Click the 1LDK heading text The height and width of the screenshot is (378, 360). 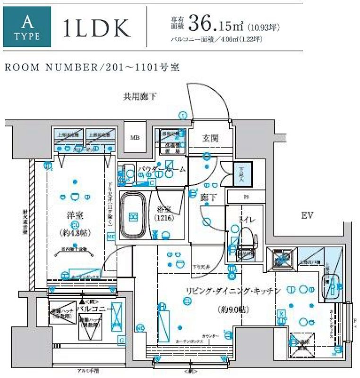pyautogui.click(x=96, y=29)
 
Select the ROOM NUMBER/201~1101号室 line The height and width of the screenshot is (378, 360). pyautogui.click(x=92, y=67)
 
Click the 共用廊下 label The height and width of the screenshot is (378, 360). pyautogui.click(x=140, y=97)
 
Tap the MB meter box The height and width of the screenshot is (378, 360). pyautogui.click(x=135, y=138)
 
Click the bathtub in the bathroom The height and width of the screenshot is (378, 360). pyautogui.click(x=134, y=216)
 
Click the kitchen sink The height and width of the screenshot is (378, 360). pyautogui.click(x=330, y=286)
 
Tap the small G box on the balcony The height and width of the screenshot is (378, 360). pyautogui.click(x=121, y=340)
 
